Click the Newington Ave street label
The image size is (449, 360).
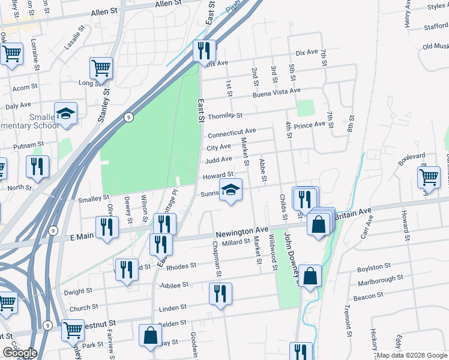pos(241,230)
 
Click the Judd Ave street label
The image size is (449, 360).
pos(218,160)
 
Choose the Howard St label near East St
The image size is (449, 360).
pos(217,176)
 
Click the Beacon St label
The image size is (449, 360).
pos(368,296)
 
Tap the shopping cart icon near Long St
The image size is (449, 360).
pos(101,67)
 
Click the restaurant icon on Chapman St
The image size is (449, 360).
pos(220,294)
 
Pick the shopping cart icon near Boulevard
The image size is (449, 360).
pos(429,178)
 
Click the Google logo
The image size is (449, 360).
pos(20,353)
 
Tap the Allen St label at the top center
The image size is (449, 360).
pos(168,4)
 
